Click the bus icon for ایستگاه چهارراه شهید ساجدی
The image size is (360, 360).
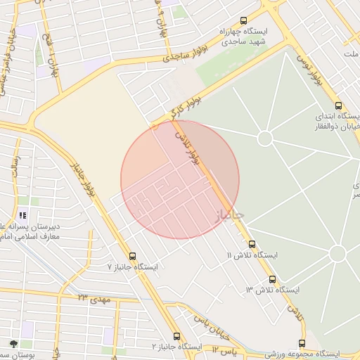pos(244,21)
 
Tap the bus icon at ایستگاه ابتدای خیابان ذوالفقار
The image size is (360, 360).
pos(339,105)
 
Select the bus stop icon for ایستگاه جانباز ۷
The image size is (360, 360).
pos(133,256)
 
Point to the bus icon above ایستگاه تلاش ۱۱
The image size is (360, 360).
pos(252,244)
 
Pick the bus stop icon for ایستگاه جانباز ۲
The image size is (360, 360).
pos(176,336)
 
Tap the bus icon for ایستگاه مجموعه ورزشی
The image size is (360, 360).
pos(302,343)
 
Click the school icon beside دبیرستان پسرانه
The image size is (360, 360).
pos(22,216)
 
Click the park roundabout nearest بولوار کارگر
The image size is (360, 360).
pos(265,139)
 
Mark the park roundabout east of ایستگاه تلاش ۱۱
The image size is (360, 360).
pos(337,253)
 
